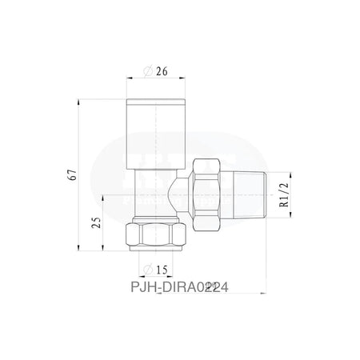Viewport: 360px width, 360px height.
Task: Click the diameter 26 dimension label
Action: click(x=158, y=70)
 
